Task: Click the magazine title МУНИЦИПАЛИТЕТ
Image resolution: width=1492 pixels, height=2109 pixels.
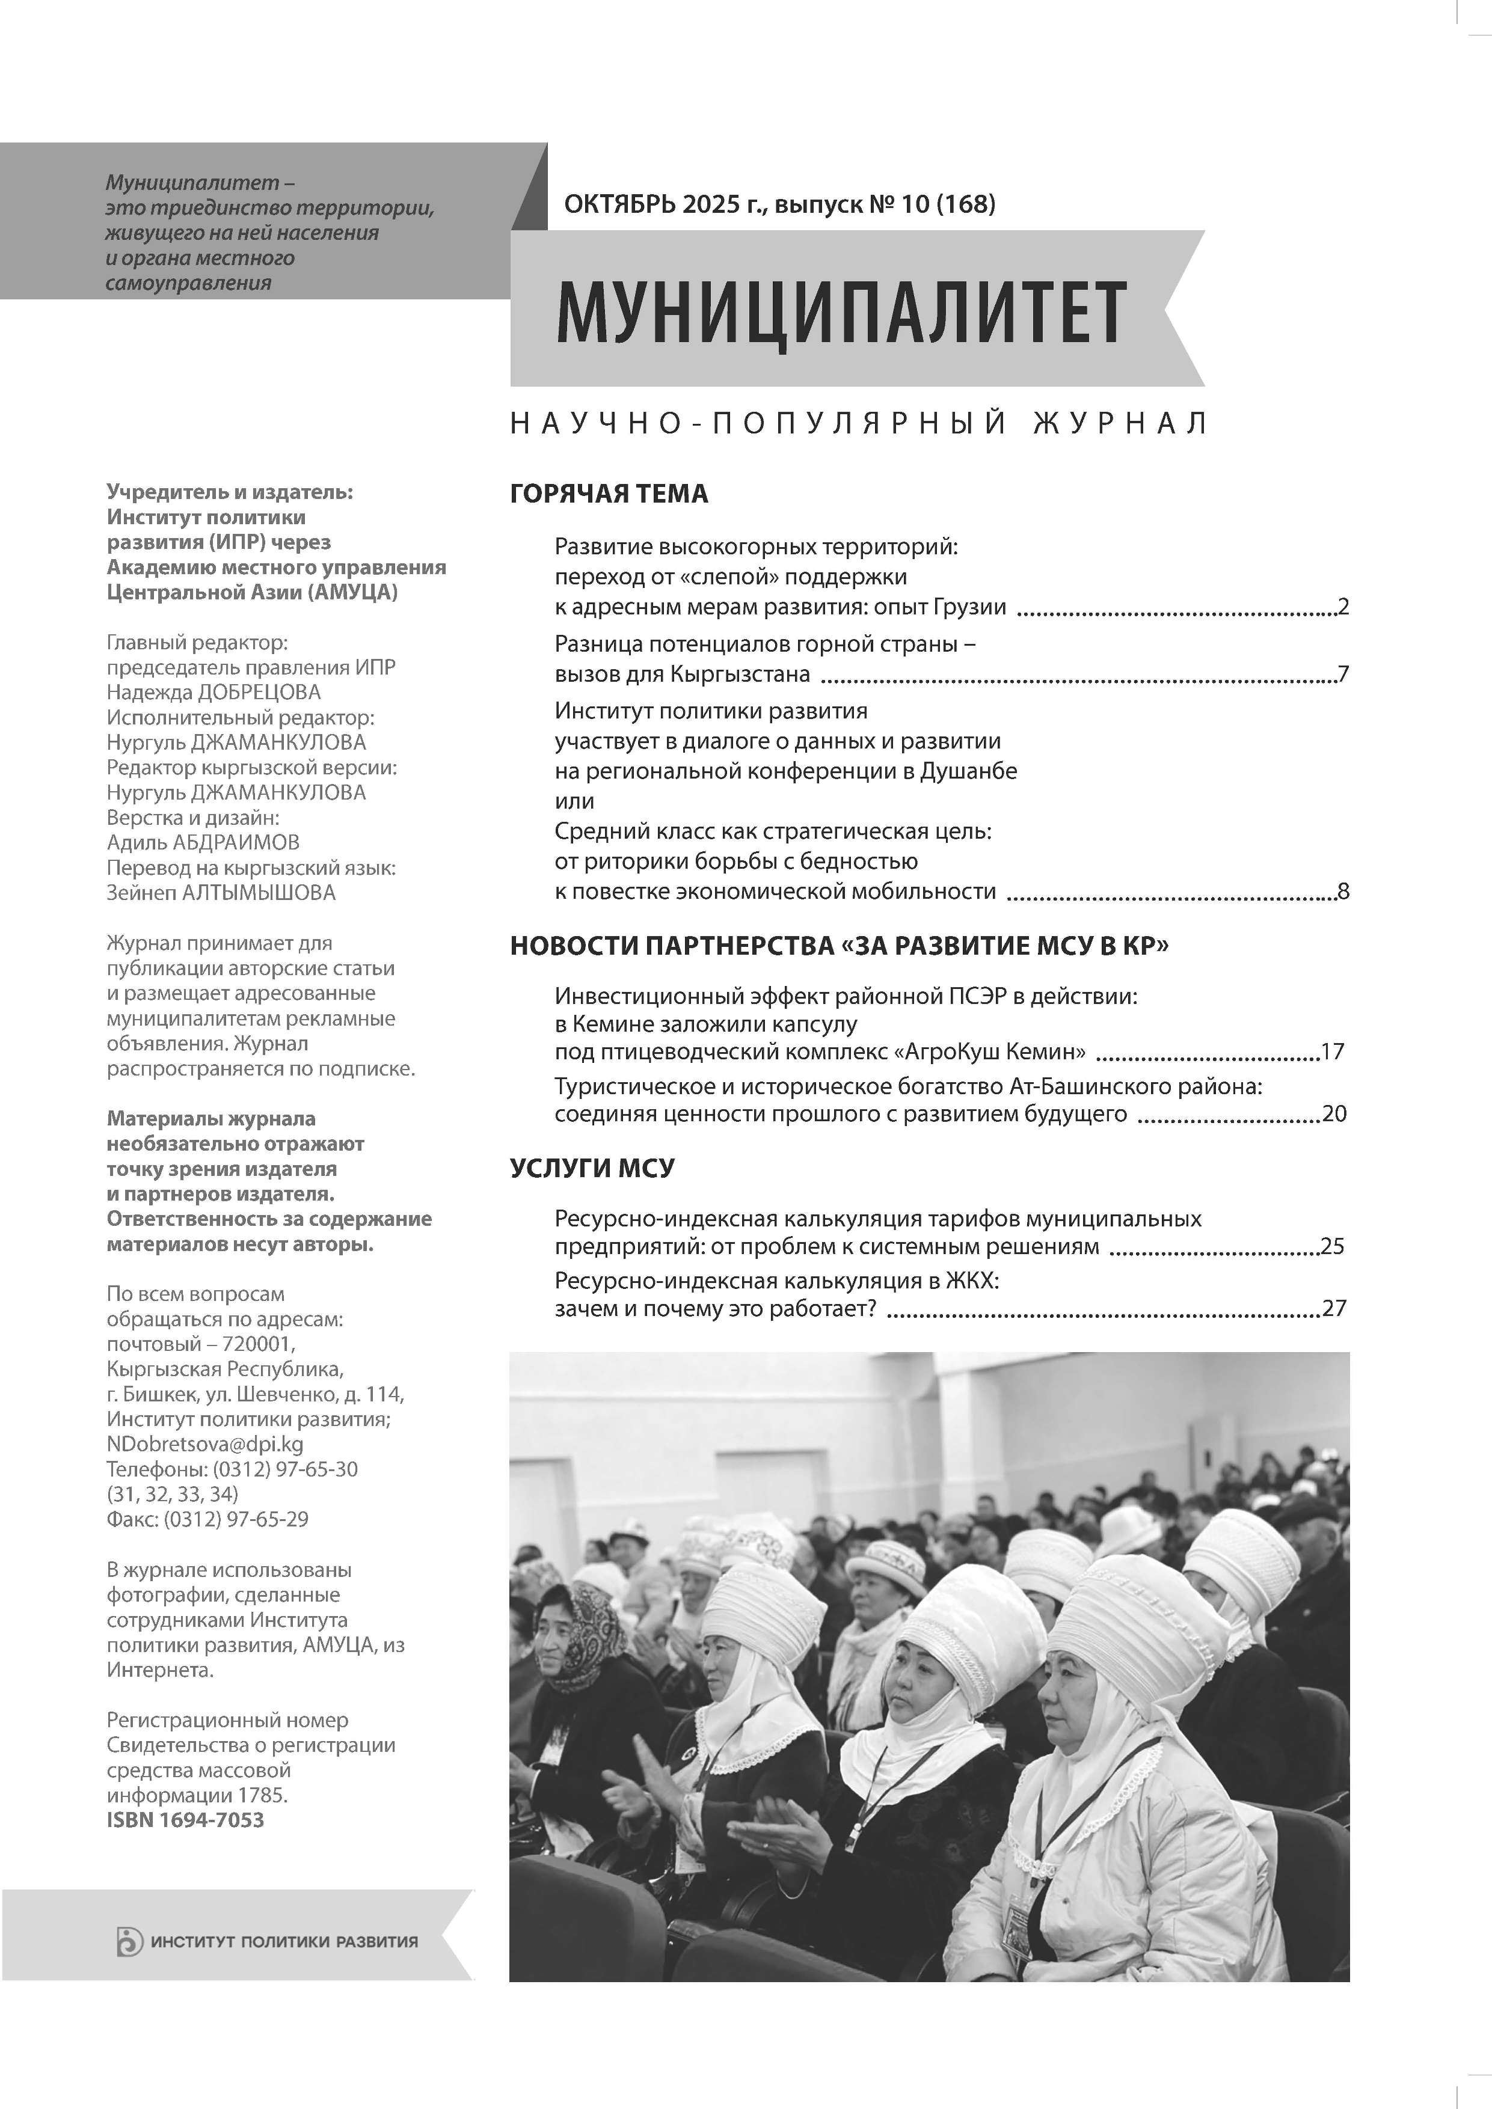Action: [841, 312]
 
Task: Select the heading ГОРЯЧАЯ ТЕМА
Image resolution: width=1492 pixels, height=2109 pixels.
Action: [608, 494]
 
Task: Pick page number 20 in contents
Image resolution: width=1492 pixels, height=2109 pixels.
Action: [1333, 1115]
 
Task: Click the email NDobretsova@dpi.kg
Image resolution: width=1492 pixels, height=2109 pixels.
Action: [205, 1444]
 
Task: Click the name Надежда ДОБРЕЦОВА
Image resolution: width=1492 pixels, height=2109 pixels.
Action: [213, 693]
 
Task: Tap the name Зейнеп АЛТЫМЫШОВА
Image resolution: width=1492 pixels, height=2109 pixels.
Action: [221, 893]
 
